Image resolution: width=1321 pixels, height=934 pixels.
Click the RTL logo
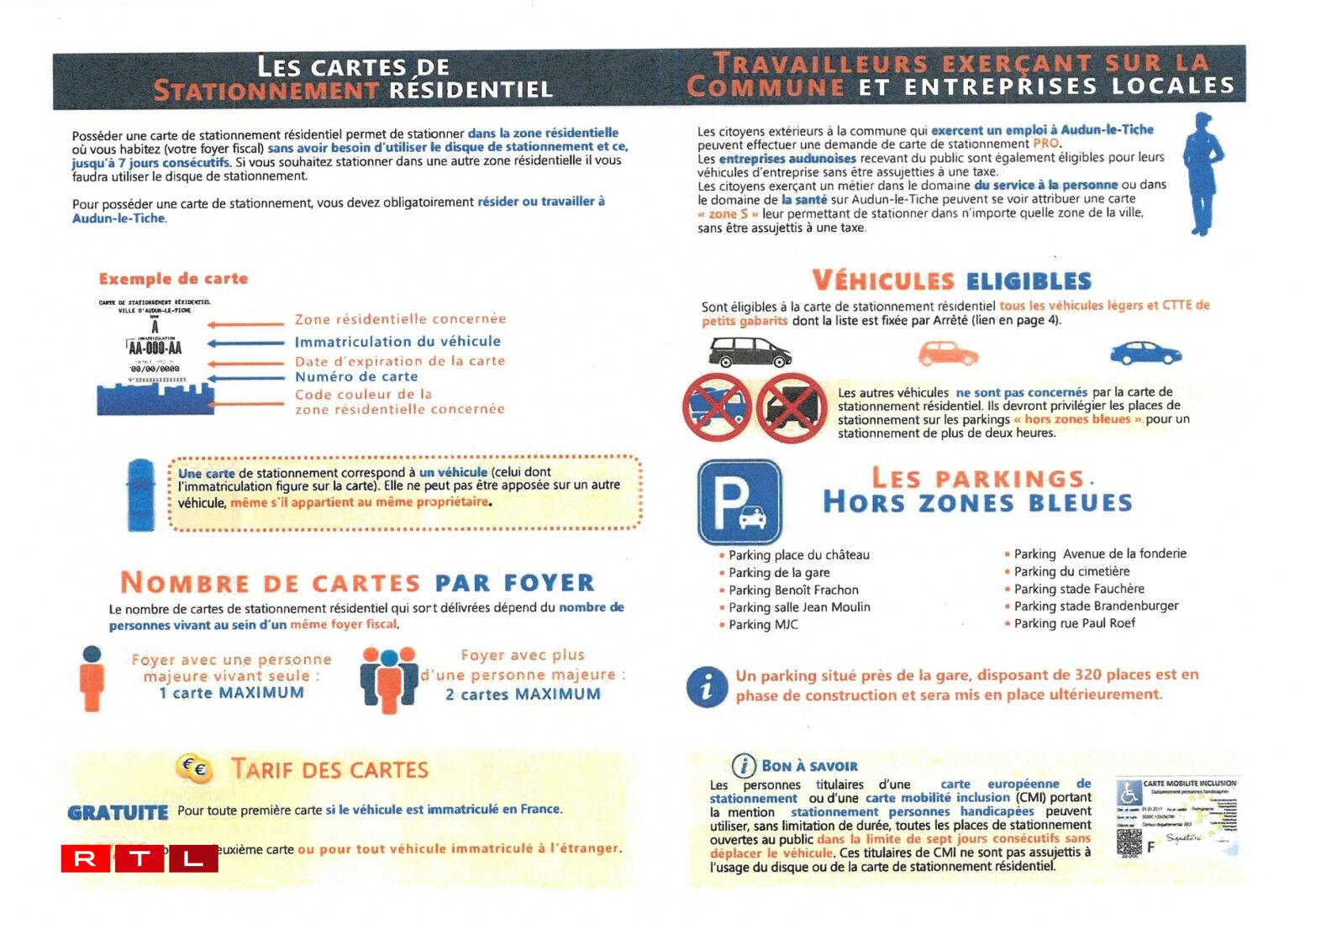(x=139, y=858)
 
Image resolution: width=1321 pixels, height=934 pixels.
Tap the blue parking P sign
(x=739, y=501)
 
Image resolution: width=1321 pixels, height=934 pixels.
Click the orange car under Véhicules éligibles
(x=947, y=354)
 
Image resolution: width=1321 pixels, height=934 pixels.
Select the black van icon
(x=750, y=352)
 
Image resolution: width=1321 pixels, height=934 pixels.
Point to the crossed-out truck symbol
(x=792, y=408)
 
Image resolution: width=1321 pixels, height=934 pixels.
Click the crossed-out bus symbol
(x=717, y=407)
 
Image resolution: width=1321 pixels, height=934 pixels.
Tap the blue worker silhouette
(x=1203, y=174)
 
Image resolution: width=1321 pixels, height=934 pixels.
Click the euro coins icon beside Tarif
(x=194, y=768)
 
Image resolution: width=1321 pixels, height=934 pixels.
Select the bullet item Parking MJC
(x=763, y=625)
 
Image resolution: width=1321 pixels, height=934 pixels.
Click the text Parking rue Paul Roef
(x=1074, y=623)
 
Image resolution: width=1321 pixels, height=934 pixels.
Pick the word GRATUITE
(x=118, y=812)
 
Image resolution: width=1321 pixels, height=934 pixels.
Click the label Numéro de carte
(x=356, y=377)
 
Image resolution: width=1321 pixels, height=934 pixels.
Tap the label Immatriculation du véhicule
(x=397, y=342)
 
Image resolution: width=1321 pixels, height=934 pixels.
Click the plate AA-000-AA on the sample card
(x=155, y=348)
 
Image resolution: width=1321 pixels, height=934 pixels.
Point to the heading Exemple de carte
(x=173, y=279)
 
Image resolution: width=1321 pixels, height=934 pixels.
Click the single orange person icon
(x=92, y=679)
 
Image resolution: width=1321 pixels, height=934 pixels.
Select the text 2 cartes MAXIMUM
(x=523, y=695)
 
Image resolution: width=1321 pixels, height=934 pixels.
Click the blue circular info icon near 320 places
(x=707, y=686)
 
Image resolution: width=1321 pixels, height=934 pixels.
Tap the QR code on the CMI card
(x=1129, y=841)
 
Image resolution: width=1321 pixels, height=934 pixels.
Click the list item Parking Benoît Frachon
(x=793, y=590)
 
